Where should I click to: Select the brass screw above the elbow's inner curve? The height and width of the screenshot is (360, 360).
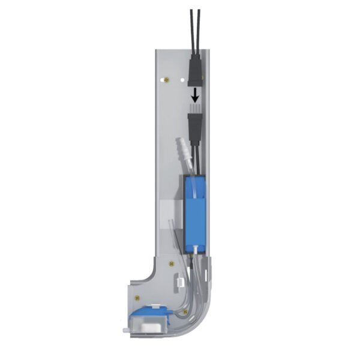click(x=172, y=262)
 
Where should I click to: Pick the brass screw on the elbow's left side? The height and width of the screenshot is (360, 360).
click(x=138, y=298)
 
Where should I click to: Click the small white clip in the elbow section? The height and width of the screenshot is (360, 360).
click(x=180, y=280)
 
